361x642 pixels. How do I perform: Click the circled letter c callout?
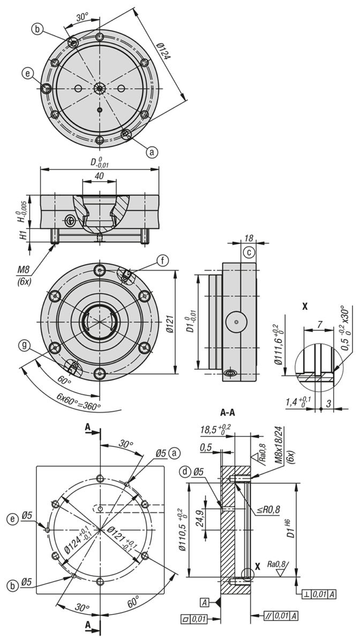(x=249, y=252)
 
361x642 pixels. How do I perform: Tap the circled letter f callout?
(x=163, y=261)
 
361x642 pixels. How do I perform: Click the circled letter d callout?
(x=186, y=471)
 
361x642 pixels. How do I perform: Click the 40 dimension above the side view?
(x=99, y=175)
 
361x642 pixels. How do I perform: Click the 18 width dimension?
(x=249, y=238)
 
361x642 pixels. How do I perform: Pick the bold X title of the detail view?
(x=305, y=307)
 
